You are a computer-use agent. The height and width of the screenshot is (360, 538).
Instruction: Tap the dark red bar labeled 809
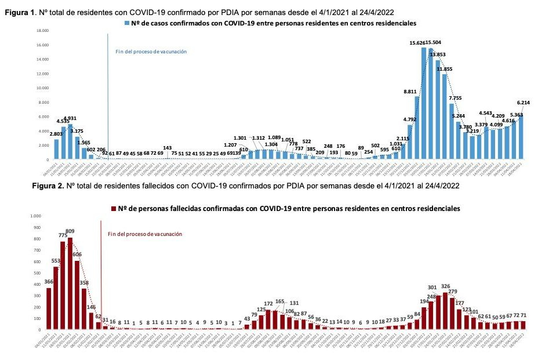click(70, 283)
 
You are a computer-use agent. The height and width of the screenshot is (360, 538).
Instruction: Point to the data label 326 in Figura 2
click(446, 286)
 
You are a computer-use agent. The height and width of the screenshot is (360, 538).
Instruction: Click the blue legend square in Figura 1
click(126, 23)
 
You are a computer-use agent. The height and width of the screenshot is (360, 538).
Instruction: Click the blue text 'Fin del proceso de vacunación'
click(151, 52)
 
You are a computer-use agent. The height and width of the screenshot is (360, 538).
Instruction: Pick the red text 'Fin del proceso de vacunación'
click(145, 234)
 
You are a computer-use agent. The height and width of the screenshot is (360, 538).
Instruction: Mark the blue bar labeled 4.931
click(70, 141)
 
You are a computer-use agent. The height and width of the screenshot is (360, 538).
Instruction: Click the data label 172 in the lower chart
click(268, 288)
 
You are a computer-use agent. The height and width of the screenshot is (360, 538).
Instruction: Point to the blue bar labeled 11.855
click(445, 116)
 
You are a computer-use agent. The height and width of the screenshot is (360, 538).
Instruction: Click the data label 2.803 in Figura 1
click(56, 134)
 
